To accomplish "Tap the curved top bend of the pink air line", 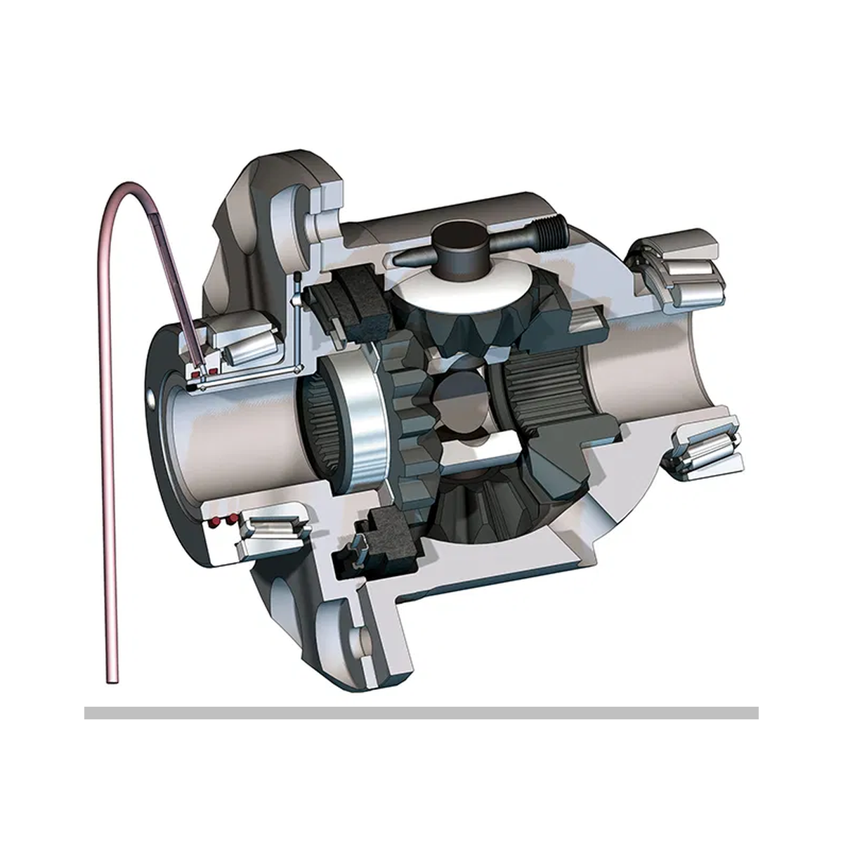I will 125,188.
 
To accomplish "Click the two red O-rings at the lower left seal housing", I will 223,521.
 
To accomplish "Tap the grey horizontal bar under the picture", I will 421,712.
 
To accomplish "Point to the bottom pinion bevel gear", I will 485,513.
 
